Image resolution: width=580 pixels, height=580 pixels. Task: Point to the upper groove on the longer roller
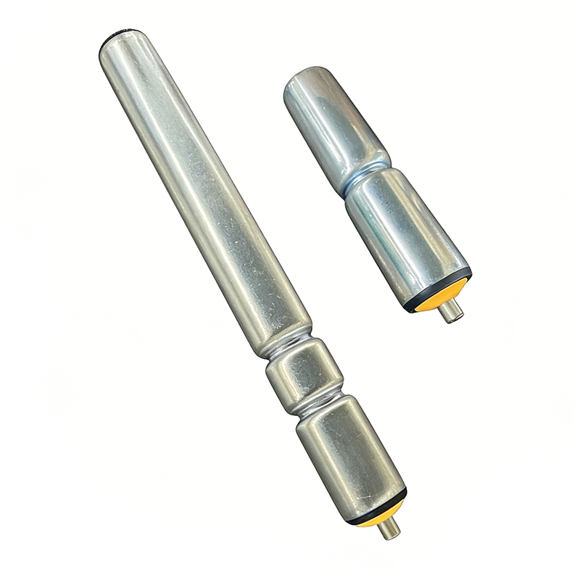coord(286,347)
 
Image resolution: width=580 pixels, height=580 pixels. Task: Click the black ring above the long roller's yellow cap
coord(377,507)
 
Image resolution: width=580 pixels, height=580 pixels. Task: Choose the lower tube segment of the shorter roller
coord(406,232)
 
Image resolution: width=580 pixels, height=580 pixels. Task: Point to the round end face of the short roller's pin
coord(456,316)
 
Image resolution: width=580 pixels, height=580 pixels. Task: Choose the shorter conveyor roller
coord(377,188)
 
